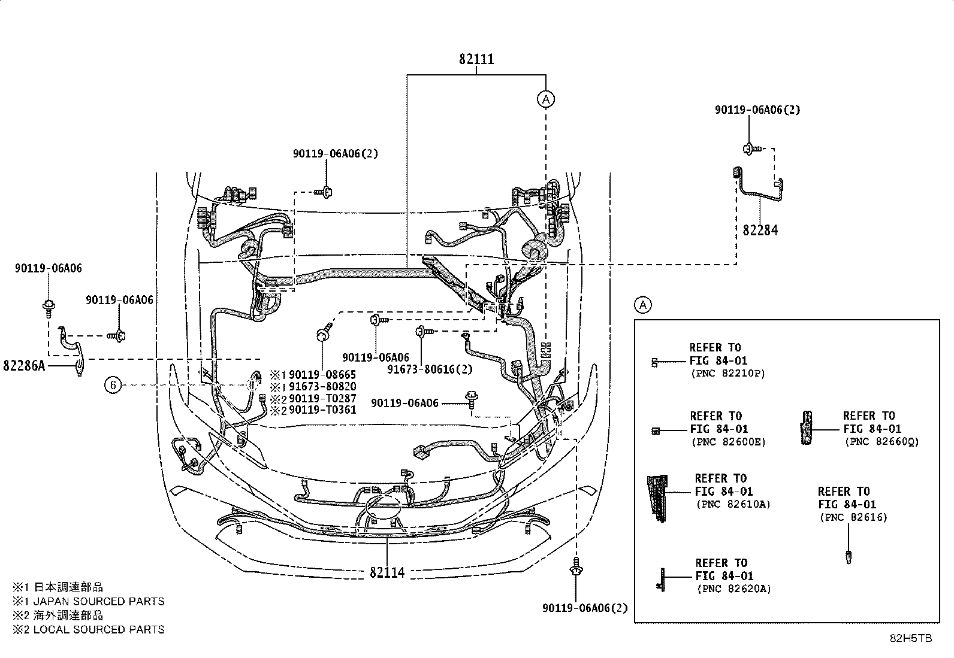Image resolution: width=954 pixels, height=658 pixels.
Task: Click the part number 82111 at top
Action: point(476,59)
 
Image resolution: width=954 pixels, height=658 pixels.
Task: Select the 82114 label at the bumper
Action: point(387,572)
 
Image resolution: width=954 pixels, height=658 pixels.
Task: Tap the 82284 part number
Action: point(760,231)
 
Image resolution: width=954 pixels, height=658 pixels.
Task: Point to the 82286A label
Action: point(24,366)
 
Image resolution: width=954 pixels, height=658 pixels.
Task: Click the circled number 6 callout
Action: point(113,385)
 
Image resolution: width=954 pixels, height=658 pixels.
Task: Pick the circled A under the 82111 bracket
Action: point(546,99)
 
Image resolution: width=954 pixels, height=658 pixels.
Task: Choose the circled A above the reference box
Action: point(642,305)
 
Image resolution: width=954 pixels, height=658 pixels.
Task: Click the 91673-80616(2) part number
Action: point(430,369)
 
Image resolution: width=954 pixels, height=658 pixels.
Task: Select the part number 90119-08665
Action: point(322,375)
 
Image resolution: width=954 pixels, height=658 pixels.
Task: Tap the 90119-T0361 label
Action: point(322,410)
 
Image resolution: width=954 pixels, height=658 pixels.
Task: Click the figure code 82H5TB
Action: point(911,638)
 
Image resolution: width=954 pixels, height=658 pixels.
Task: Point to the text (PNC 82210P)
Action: point(728,374)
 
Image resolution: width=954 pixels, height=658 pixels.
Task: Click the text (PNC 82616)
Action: point(853,517)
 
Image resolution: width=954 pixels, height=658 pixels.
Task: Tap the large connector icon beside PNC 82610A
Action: point(657,498)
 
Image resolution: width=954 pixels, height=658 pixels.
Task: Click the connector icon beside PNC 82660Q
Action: point(806,427)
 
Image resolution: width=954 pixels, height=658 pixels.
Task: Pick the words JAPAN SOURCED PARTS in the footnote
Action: point(99,601)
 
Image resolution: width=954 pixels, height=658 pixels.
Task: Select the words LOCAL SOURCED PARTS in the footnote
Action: point(99,629)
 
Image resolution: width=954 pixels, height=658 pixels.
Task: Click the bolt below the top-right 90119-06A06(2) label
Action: point(751,149)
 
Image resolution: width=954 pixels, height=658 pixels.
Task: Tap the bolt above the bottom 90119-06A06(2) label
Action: point(576,566)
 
